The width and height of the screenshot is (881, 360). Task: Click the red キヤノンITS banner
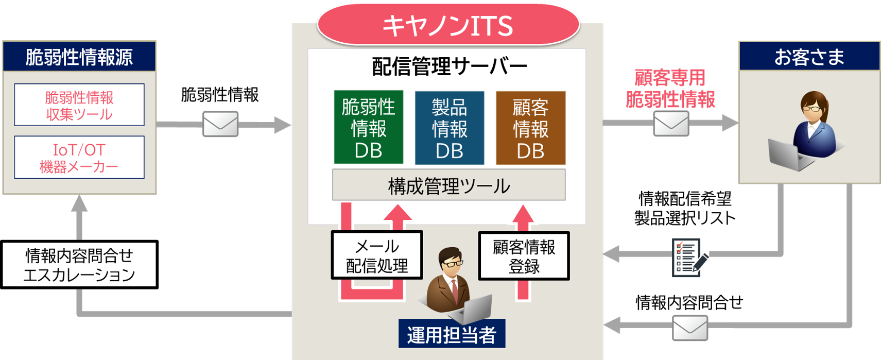448,25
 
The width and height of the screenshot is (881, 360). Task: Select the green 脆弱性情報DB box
368,128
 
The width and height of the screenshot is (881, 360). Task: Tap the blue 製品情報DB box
450,128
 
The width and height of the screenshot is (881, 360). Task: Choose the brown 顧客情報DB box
530,128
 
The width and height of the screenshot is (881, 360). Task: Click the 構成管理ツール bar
448,185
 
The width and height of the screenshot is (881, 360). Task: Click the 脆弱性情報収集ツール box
79,105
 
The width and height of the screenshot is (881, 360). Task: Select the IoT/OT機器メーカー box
79,158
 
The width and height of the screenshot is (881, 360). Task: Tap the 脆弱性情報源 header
79,57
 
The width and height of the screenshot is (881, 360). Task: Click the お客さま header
809,57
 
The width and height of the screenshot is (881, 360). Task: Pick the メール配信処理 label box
377,255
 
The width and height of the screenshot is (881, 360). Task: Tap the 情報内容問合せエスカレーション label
79,265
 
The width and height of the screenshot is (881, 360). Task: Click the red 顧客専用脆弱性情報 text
670,88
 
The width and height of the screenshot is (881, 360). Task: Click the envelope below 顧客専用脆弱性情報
671,124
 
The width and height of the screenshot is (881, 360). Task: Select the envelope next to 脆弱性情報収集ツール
220,124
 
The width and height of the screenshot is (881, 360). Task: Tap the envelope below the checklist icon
690,328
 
